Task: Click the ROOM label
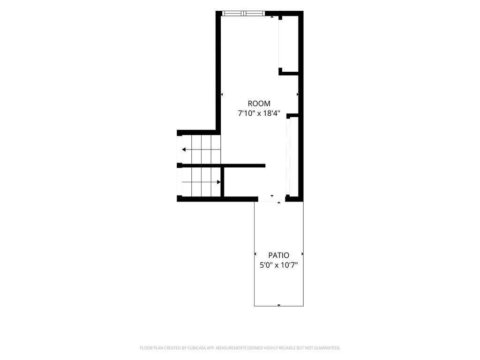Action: [x=259, y=104]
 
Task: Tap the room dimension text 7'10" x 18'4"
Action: [x=259, y=113]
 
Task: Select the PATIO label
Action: [x=278, y=255]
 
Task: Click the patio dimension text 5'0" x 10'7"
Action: [x=278, y=265]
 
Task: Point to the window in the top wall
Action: [x=243, y=13]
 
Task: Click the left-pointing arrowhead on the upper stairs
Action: [x=184, y=150]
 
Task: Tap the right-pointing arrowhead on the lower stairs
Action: [x=218, y=182]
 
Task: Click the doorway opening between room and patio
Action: [x=271, y=199]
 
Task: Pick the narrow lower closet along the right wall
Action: [x=294, y=157]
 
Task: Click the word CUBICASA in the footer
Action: [x=200, y=348]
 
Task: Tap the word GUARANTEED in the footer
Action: [x=328, y=348]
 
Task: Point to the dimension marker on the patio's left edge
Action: [x=255, y=254]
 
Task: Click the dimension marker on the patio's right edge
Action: [x=302, y=254]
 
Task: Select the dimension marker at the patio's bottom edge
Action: [x=278, y=305]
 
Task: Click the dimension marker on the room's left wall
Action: [x=222, y=95]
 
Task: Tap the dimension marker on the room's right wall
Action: [x=298, y=95]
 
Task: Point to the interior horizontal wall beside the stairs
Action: [x=224, y=165]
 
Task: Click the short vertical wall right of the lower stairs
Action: [x=222, y=182]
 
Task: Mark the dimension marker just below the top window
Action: [x=272, y=17]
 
